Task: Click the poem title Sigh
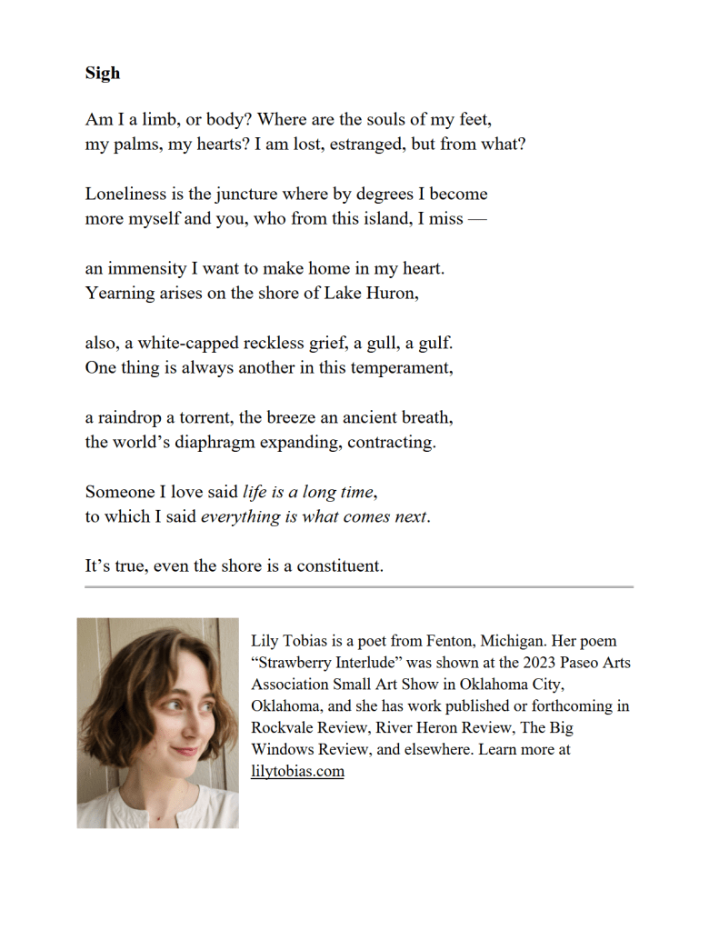pyautogui.click(x=103, y=74)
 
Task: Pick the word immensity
pyautogui.click(x=146, y=268)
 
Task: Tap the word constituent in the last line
pyautogui.click(x=338, y=565)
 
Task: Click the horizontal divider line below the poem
pyautogui.click(x=359, y=587)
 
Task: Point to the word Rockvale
pyautogui.click(x=285, y=728)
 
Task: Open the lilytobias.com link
pyautogui.click(x=297, y=772)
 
